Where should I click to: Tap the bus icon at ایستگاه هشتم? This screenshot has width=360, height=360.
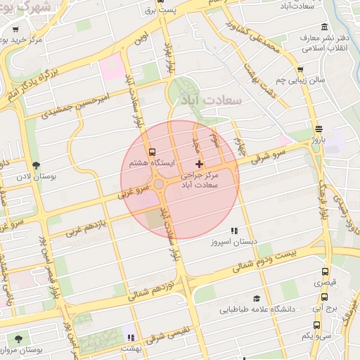coord(152,152)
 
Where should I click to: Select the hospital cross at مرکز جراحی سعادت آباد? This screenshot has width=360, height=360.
coord(200,163)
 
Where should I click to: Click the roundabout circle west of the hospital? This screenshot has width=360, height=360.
coord(160,184)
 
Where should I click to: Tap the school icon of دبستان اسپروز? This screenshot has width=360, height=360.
coord(234,231)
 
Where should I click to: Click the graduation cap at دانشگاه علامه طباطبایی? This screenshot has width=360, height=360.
coord(257,298)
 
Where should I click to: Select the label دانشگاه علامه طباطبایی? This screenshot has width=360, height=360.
coord(257,309)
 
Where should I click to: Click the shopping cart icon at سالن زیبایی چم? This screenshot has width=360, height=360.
coord(300,70)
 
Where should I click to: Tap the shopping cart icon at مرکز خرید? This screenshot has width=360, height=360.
coord(14,30)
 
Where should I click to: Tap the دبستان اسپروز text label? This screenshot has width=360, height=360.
coord(235,242)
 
